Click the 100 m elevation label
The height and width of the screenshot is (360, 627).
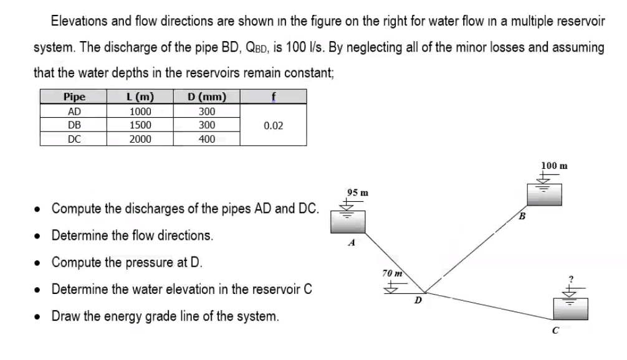pyautogui.click(x=554, y=166)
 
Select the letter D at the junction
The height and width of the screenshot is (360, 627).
pyautogui.click(x=418, y=302)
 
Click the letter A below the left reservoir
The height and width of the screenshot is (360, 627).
pyautogui.click(x=352, y=244)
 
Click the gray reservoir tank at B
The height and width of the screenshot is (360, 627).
pyautogui.click(x=544, y=195)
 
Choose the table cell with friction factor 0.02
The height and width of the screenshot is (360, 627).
pyautogui.click(x=273, y=125)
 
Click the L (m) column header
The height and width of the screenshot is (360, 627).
pyautogui.click(x=140, y=97)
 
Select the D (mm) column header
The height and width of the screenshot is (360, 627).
pyautogui.click(x=207, y=97)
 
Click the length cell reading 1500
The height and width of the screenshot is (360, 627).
pyautogui.click(x=140, y=125)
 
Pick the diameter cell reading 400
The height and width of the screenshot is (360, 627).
pyautogui.click(x=207, y=139)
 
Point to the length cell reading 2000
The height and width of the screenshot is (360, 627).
pyautogui.click(x=140, y=139)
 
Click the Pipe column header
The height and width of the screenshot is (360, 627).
pyautogui.click(x=74, y=97)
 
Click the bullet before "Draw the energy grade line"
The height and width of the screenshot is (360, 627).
pyautogui.click(x=39, y=316)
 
